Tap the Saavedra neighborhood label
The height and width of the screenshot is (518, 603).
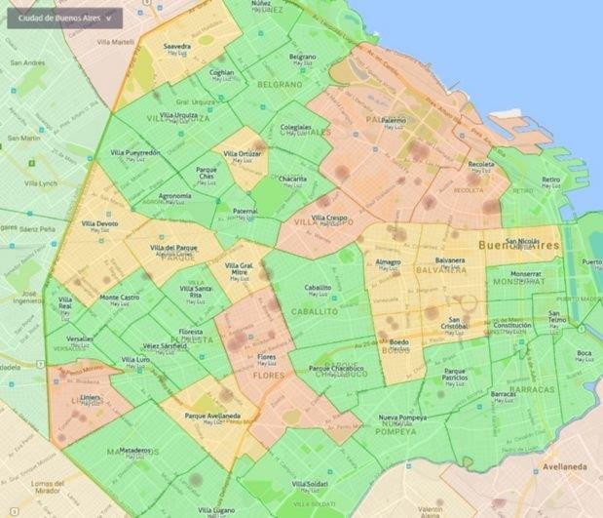[x=177, y=46]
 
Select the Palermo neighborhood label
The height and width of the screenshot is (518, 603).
[x=394, y=120]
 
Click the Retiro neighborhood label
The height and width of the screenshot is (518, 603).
[x=551, y=179]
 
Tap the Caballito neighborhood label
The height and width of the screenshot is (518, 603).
[x=318, y=288]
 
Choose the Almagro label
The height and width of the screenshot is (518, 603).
[x=389, y=261]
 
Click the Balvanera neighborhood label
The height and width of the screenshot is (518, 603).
[x=450, y=260]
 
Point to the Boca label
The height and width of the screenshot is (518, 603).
[x=584, y=353]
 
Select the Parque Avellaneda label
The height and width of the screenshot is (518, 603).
[x=212, y=416]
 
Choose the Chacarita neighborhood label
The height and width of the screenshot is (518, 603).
[x=293, y=179]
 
